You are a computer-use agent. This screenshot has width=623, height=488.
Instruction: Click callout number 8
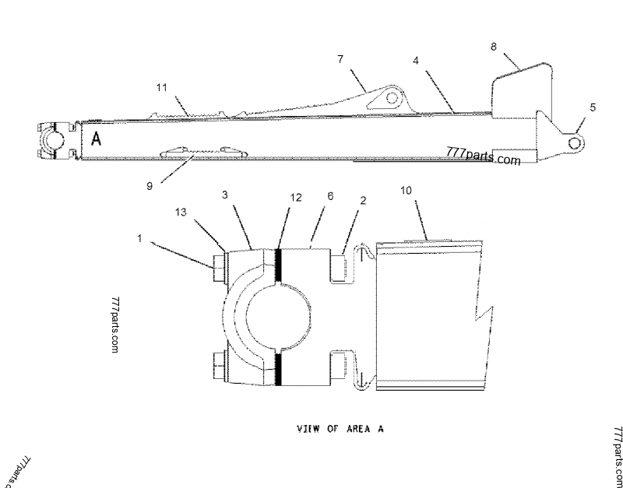(x=493, y=47)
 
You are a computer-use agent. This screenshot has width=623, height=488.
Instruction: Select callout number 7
(x=340, y=59)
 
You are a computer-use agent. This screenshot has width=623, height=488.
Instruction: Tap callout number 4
(x=416, y=61)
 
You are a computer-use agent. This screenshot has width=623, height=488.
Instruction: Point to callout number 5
(x=593, y=107)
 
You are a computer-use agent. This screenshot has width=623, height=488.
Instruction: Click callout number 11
(x=162, y=87)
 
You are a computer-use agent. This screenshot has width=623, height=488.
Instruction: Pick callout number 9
(x=150, y=186)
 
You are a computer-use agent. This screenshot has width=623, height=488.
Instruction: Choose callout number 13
(x=181, y=212)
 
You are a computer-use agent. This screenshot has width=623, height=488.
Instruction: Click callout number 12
(x=296, y=198)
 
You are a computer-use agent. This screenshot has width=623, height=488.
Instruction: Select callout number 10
(x=406, y=191)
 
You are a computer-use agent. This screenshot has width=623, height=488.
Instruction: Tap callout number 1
(x=139, y=238)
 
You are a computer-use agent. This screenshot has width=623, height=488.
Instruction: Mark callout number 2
(x=363, y=201)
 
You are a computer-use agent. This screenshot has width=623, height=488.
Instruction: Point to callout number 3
(x=225, y=195)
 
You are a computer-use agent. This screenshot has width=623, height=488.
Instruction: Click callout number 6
(x=330, y=196)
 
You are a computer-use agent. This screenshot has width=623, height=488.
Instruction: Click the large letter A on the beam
(x=96, y=139)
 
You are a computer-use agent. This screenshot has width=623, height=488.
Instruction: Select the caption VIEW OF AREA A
(x=340, y=429)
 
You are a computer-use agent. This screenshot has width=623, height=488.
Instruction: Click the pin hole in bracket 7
(x=392, y=98)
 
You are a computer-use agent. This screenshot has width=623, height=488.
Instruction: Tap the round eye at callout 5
(x=574, y=143)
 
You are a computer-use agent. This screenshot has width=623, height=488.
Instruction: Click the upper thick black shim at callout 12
(x=278, y=266)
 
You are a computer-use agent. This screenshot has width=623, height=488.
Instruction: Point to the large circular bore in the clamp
(x=279, y=316)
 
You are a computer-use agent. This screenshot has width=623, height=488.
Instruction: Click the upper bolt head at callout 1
(x=220, y=268)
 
